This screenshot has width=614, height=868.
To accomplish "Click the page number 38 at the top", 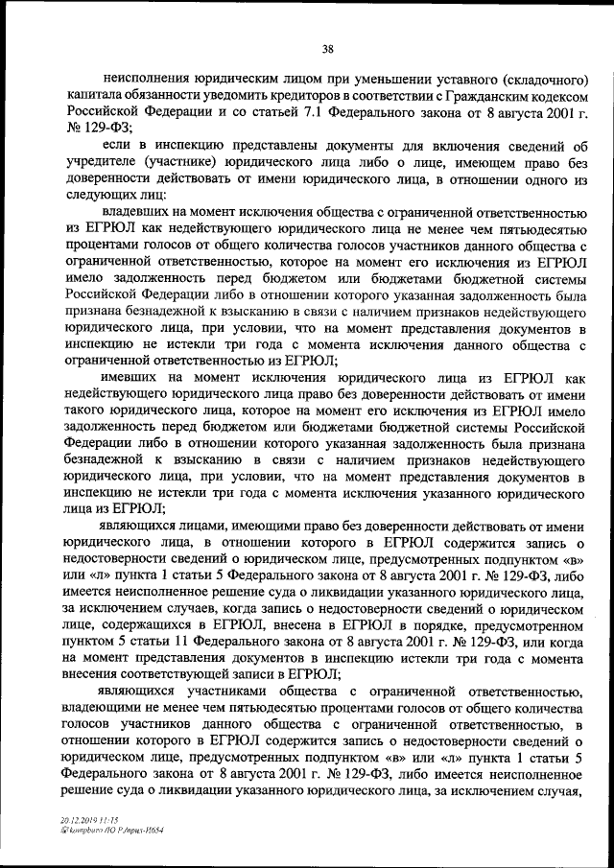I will point(327,50).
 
